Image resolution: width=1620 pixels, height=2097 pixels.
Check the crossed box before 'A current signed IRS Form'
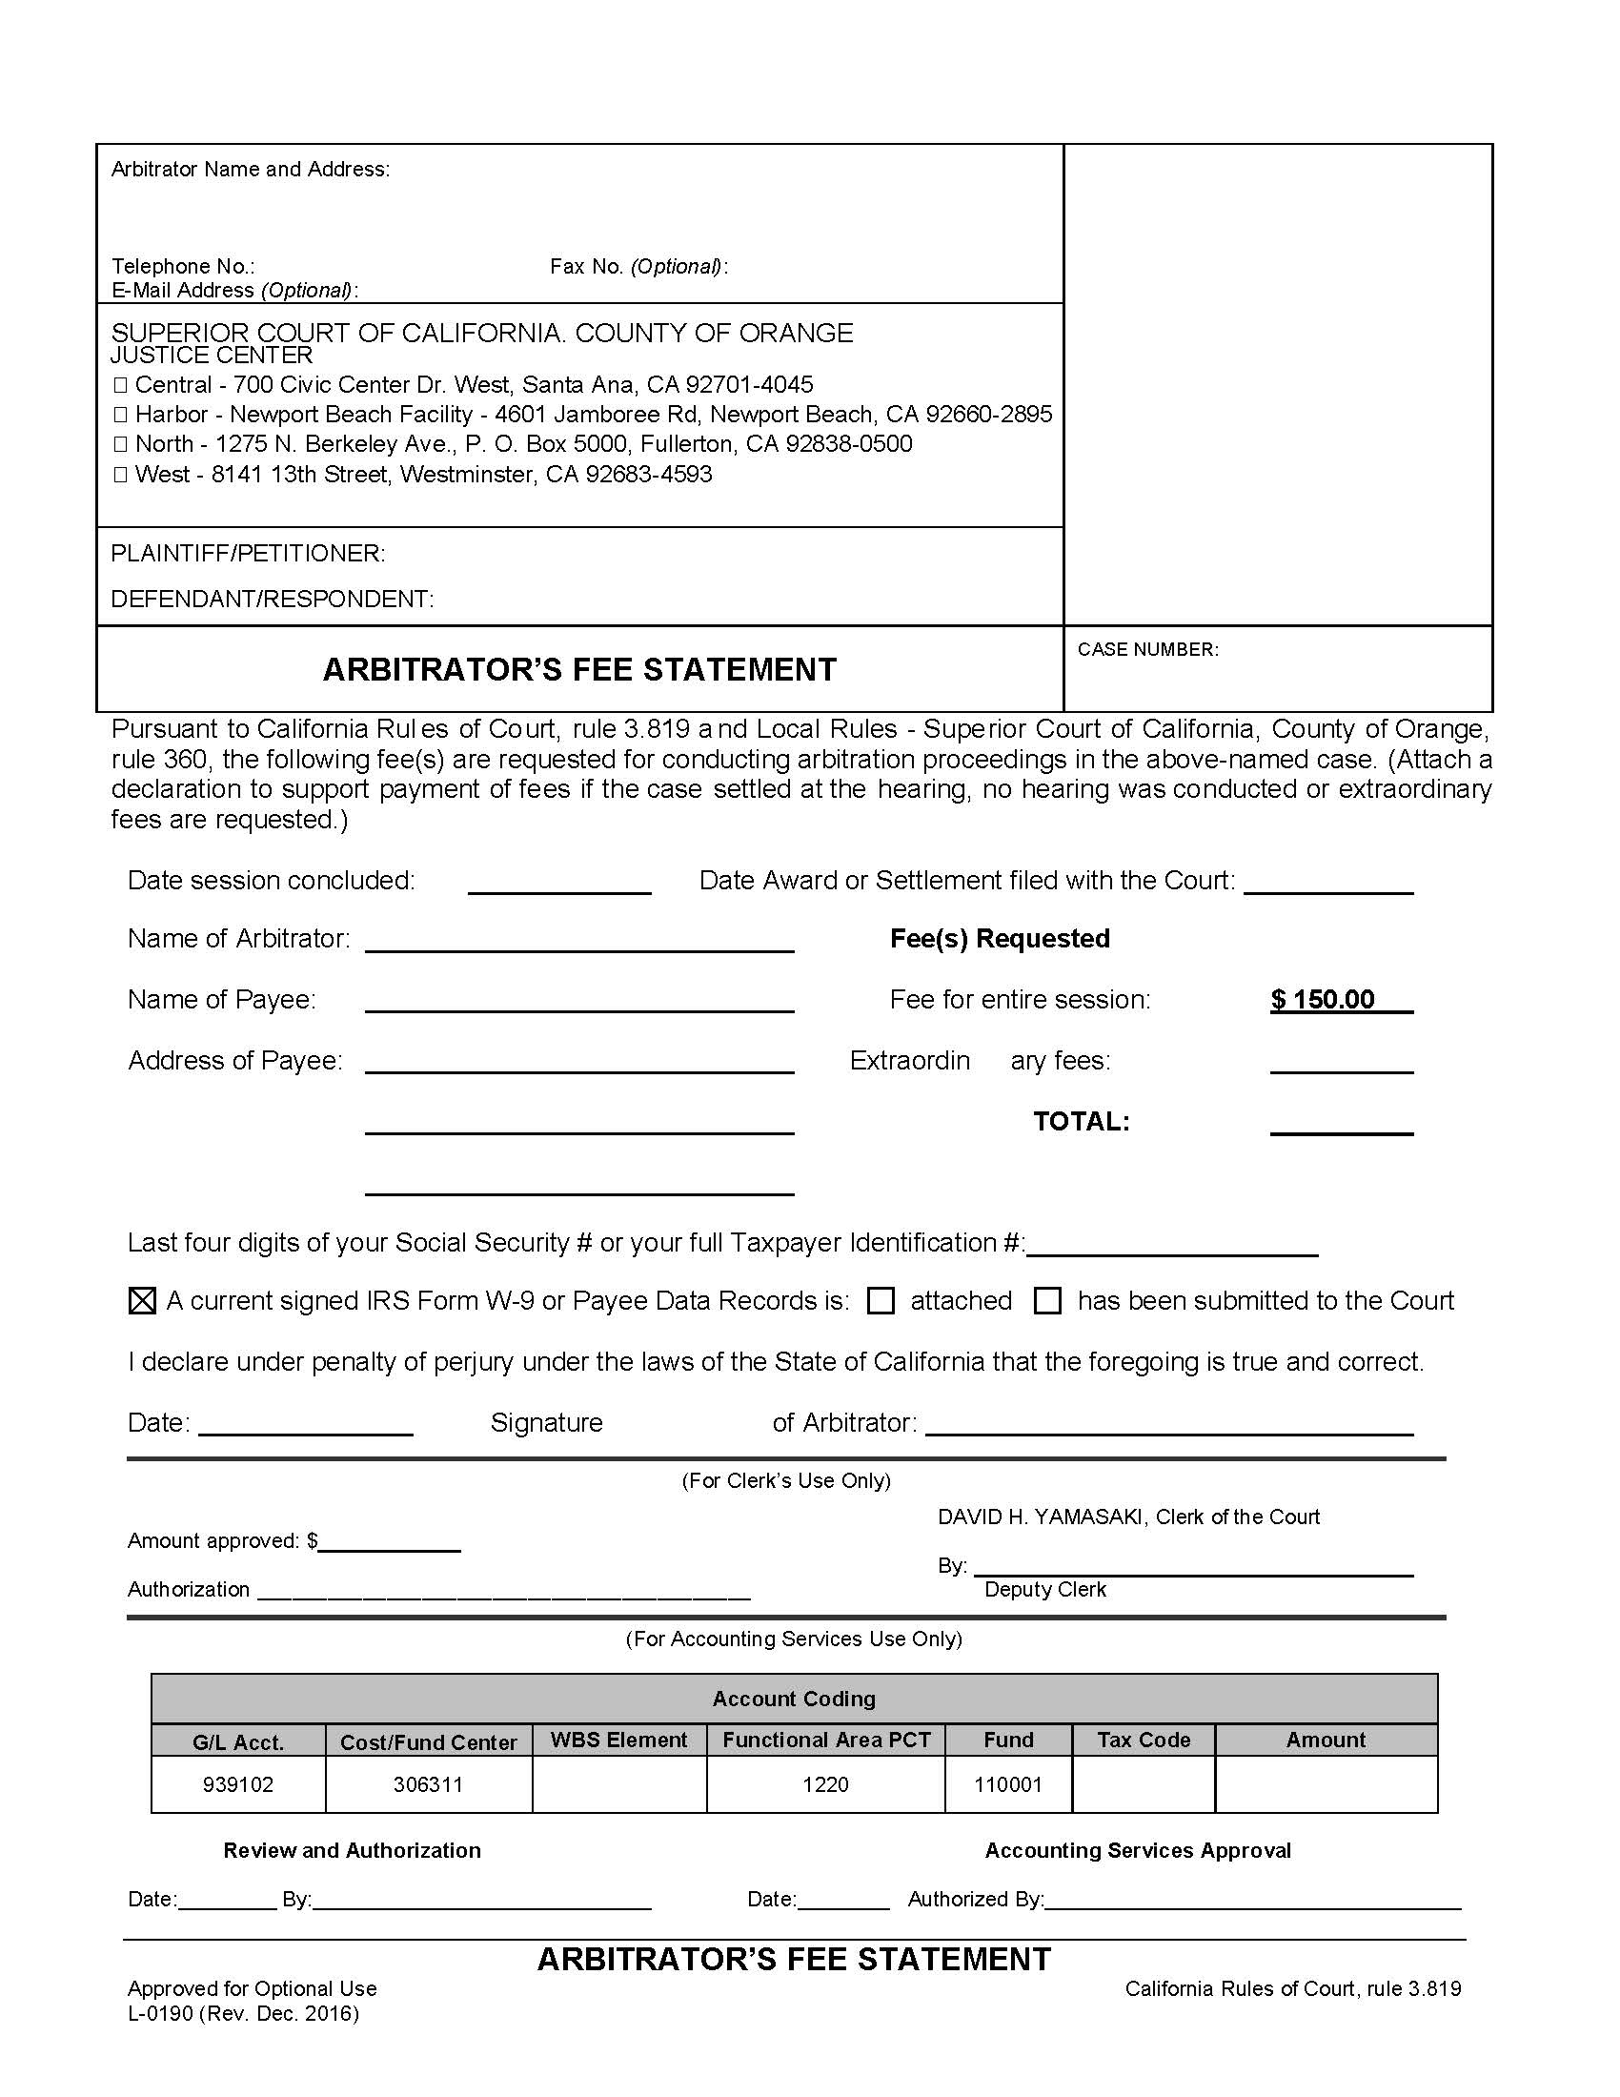pyautogui.click(x=142, y=1301)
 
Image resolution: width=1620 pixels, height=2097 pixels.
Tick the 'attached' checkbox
pyautogui.click(x=881, y=1301)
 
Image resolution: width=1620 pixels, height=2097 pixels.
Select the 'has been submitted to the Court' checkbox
pyautogui.click(x=1047, y=1301)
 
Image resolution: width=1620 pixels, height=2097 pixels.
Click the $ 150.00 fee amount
pyautogui.click(x=1323, y=1000)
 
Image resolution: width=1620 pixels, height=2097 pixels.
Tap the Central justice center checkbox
pyautogui.click(x=121, y=385)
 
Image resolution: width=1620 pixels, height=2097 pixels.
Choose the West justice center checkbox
pyautogui.click(x=121, y=475)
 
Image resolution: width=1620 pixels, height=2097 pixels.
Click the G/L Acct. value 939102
pyautogui.click(x=238, y=1785)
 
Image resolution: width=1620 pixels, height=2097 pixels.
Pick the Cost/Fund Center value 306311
pyautogui.click(x=428, y=1785)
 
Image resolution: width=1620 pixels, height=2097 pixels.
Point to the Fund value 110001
pyautogui.click(x=1007, y=1785)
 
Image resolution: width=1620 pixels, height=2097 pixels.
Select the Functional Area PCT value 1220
pyautogui.click(x=825, y=1785)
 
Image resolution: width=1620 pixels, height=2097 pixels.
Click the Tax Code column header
pyautogui.click(x=1143, y=1740)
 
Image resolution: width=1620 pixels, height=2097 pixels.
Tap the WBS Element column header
pyautogui.click(x=619, y=1740)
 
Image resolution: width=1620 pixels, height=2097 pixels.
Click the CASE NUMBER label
pyautogui.click(x=1148, y=650)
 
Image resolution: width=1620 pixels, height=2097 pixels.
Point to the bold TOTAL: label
pyautogui.click(x=1082, y=1122)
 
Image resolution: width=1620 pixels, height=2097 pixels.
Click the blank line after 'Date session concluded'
pyautogui.click(x=559, y=884)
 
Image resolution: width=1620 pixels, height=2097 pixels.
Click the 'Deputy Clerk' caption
pyautogui.click(x=1045, y=1590)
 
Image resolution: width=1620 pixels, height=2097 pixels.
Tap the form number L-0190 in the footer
pyautogui.click(x=161, y=2013)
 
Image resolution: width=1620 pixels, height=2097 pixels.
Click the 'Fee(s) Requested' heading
pyautogui.click(x=999, y=939)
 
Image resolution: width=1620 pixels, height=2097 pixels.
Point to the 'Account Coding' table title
pyautogui.click(x=794, y=1699)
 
